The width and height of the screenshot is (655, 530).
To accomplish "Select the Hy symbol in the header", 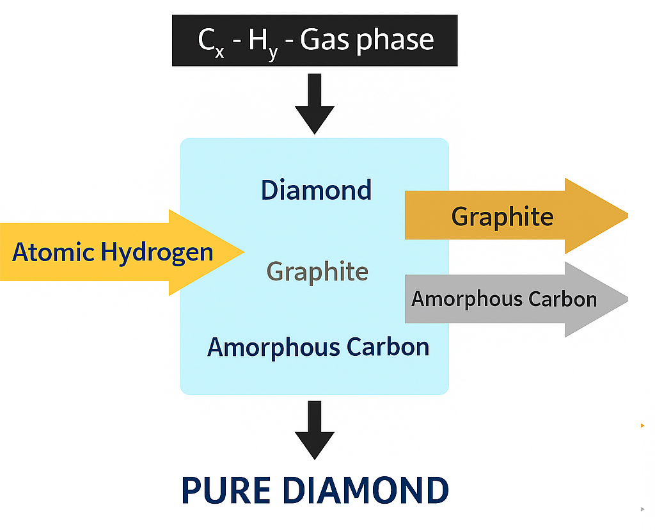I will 263,42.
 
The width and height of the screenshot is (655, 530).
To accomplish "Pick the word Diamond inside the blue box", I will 316,190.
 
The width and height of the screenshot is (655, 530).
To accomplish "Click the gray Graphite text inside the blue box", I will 317,272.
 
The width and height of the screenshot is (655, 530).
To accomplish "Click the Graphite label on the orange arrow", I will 502,216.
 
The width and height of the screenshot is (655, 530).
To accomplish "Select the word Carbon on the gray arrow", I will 564,299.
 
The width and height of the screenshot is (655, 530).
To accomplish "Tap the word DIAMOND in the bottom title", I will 365,491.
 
